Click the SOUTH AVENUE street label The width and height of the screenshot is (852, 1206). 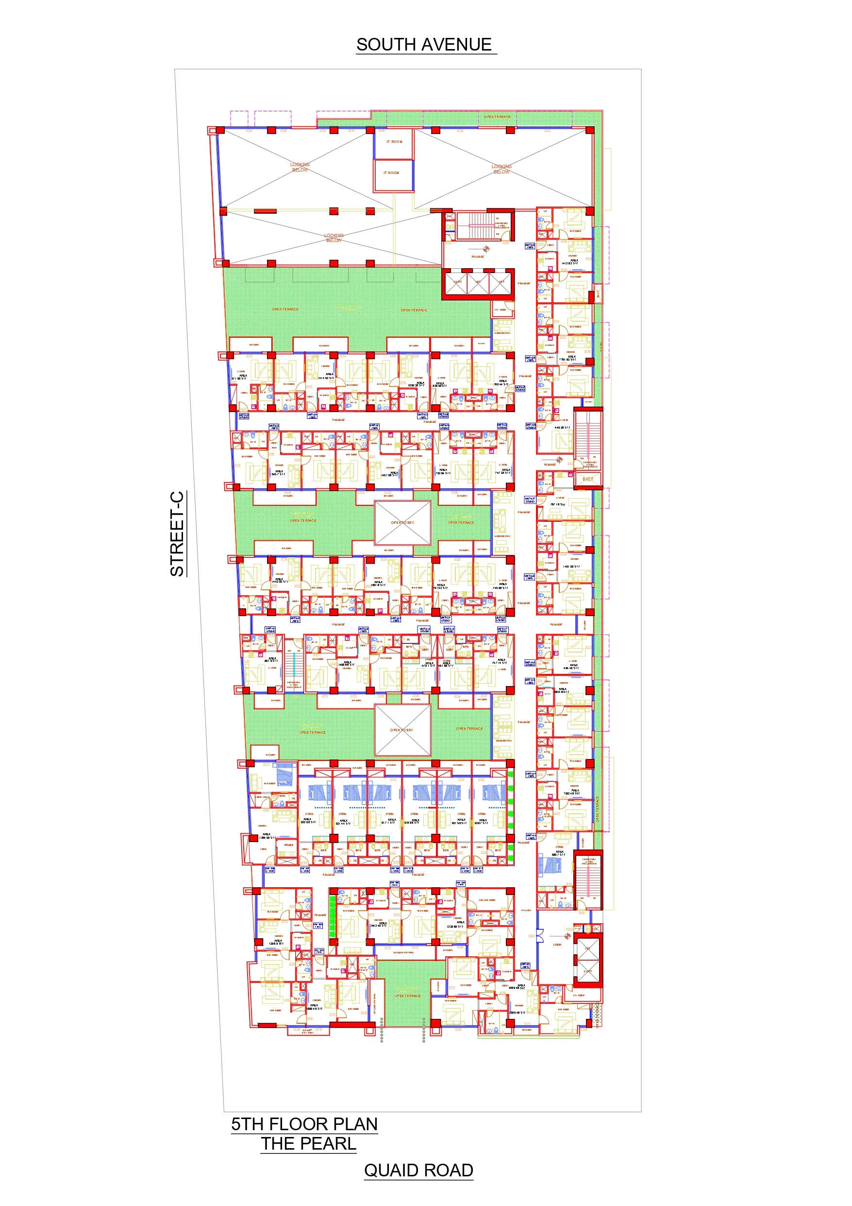pyautogui.click(x=424, y=45)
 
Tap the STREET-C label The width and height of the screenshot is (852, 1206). pyautogui.click(x=177, y=533)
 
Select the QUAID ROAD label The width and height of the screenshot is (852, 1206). pyautogui.click(x=418, y=1170)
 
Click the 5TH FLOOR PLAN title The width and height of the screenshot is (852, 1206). pyautogui.click(x=304, y=1123)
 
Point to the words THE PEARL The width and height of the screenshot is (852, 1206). pyautogui.click(x=309, y=1143)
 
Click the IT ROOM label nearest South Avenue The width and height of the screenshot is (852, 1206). pyautogui.click(x=394, y=142)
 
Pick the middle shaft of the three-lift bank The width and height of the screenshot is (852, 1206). pyautogui.click(x=478, y=283)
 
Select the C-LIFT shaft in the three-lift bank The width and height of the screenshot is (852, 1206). pyautogui.click(x=457, y=283)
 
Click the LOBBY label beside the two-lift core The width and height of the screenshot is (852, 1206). pyautogui.click(x=557, y=945)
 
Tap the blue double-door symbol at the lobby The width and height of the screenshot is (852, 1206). pyautogui.click(x=540, y=935)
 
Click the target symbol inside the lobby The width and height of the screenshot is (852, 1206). pyautogui.click(x=567, y=936)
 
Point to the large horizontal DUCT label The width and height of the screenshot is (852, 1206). pyautogui.click(x=588, y=479)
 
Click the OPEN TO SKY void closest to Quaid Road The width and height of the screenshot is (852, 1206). pyautogui.click(x=402, y=730)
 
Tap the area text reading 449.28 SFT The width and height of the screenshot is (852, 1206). pyautogui.click(x=562, y=428)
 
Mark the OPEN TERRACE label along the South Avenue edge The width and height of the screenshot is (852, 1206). pyautogui.click(x=497, y=117)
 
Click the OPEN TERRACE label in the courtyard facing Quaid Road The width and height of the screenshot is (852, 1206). pyautogui.click(x=407, y=996)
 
